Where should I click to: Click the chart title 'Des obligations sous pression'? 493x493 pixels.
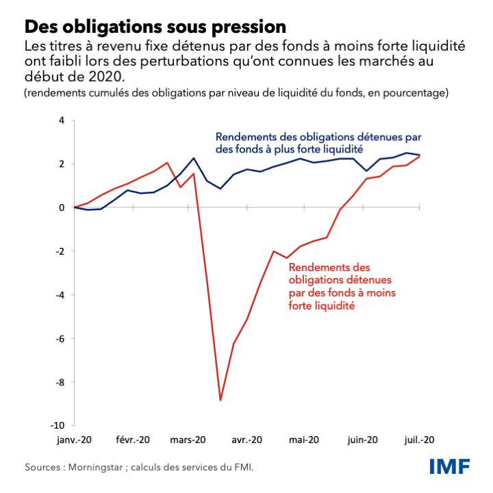click(155, 27)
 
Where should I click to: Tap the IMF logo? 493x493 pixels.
click(449, 467)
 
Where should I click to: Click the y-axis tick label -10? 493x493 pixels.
click(58, 426)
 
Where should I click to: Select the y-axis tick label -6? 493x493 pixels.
click(60, 339)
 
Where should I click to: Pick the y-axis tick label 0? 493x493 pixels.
click(62, 207)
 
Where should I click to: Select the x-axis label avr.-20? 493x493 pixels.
click(246, 440)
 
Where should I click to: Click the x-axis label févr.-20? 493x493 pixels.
click(133, 440)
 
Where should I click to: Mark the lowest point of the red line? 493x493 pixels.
click(220, 400)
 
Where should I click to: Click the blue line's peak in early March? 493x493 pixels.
click(194, 158)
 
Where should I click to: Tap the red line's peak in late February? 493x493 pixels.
click(167, 162)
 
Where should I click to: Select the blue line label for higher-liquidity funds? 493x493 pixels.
click(299, 142)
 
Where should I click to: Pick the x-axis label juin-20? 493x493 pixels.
click(361, 440)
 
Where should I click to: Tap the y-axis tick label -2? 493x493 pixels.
click(60, 251)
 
